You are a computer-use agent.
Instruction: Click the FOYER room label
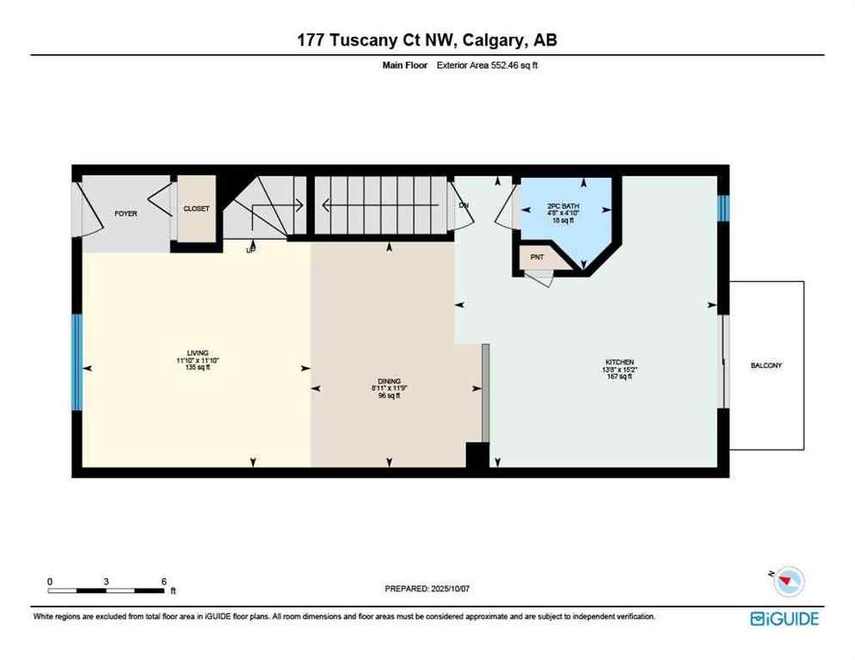pyautogui.click(x=126, y=213)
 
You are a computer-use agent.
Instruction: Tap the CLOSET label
pyautogui.click(x=196, y=209)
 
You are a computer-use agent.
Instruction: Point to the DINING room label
pyautogui.click(x=390, y=381)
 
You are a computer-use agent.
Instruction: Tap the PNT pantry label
pyautogui.click(x=538, y=257)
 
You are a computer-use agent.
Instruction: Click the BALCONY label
pyautogui.click(x=766, y=365)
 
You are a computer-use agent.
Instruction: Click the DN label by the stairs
pyautogui.click(x=464, y=205)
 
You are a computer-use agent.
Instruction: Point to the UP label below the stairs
pyautogui.click(x=251, y=250)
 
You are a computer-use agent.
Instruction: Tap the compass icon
pyautogui.click(x=787, y=583)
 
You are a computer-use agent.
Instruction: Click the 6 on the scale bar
pyautogui.click(x=163, y=582)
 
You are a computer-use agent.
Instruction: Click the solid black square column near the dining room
pyautogui.click(x=476, y=455)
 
